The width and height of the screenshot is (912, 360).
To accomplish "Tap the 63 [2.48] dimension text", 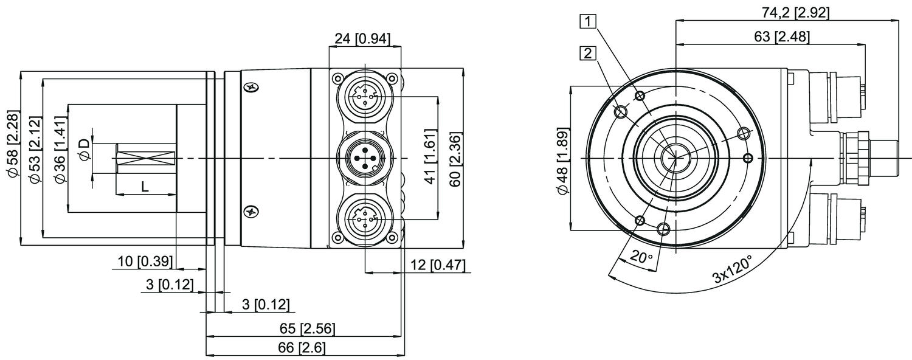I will (x=781, y=36).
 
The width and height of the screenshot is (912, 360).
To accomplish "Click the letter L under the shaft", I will (x=145, y=187).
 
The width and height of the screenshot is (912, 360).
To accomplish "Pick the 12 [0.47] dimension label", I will (x=438, y=266).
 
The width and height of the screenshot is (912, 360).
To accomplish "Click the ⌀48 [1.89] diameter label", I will (x=563, y=161).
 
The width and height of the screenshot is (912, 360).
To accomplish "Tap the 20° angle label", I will (x=641, y=257).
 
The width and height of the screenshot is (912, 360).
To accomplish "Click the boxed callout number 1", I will (x=587, y=21).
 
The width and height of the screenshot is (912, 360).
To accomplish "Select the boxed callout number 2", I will (x=587, y=54).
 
